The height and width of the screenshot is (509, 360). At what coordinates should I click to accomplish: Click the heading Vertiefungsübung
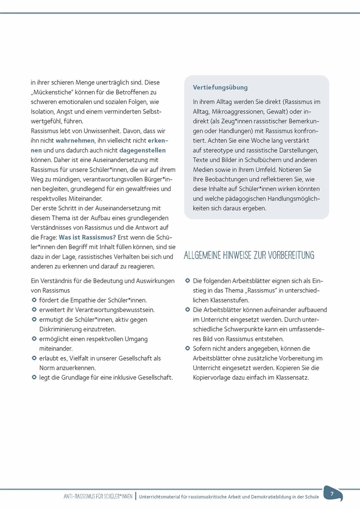[220, 88]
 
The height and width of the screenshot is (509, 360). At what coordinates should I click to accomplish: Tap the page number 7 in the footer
[331, 494]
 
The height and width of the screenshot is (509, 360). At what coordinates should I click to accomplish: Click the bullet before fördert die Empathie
[34, 300]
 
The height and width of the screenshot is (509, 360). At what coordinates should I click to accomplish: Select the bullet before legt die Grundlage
[34, 377]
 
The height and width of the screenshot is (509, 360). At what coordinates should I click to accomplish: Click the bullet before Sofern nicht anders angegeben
[187, 348]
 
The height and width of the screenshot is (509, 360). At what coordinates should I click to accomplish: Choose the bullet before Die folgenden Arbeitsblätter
[187, 280]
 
